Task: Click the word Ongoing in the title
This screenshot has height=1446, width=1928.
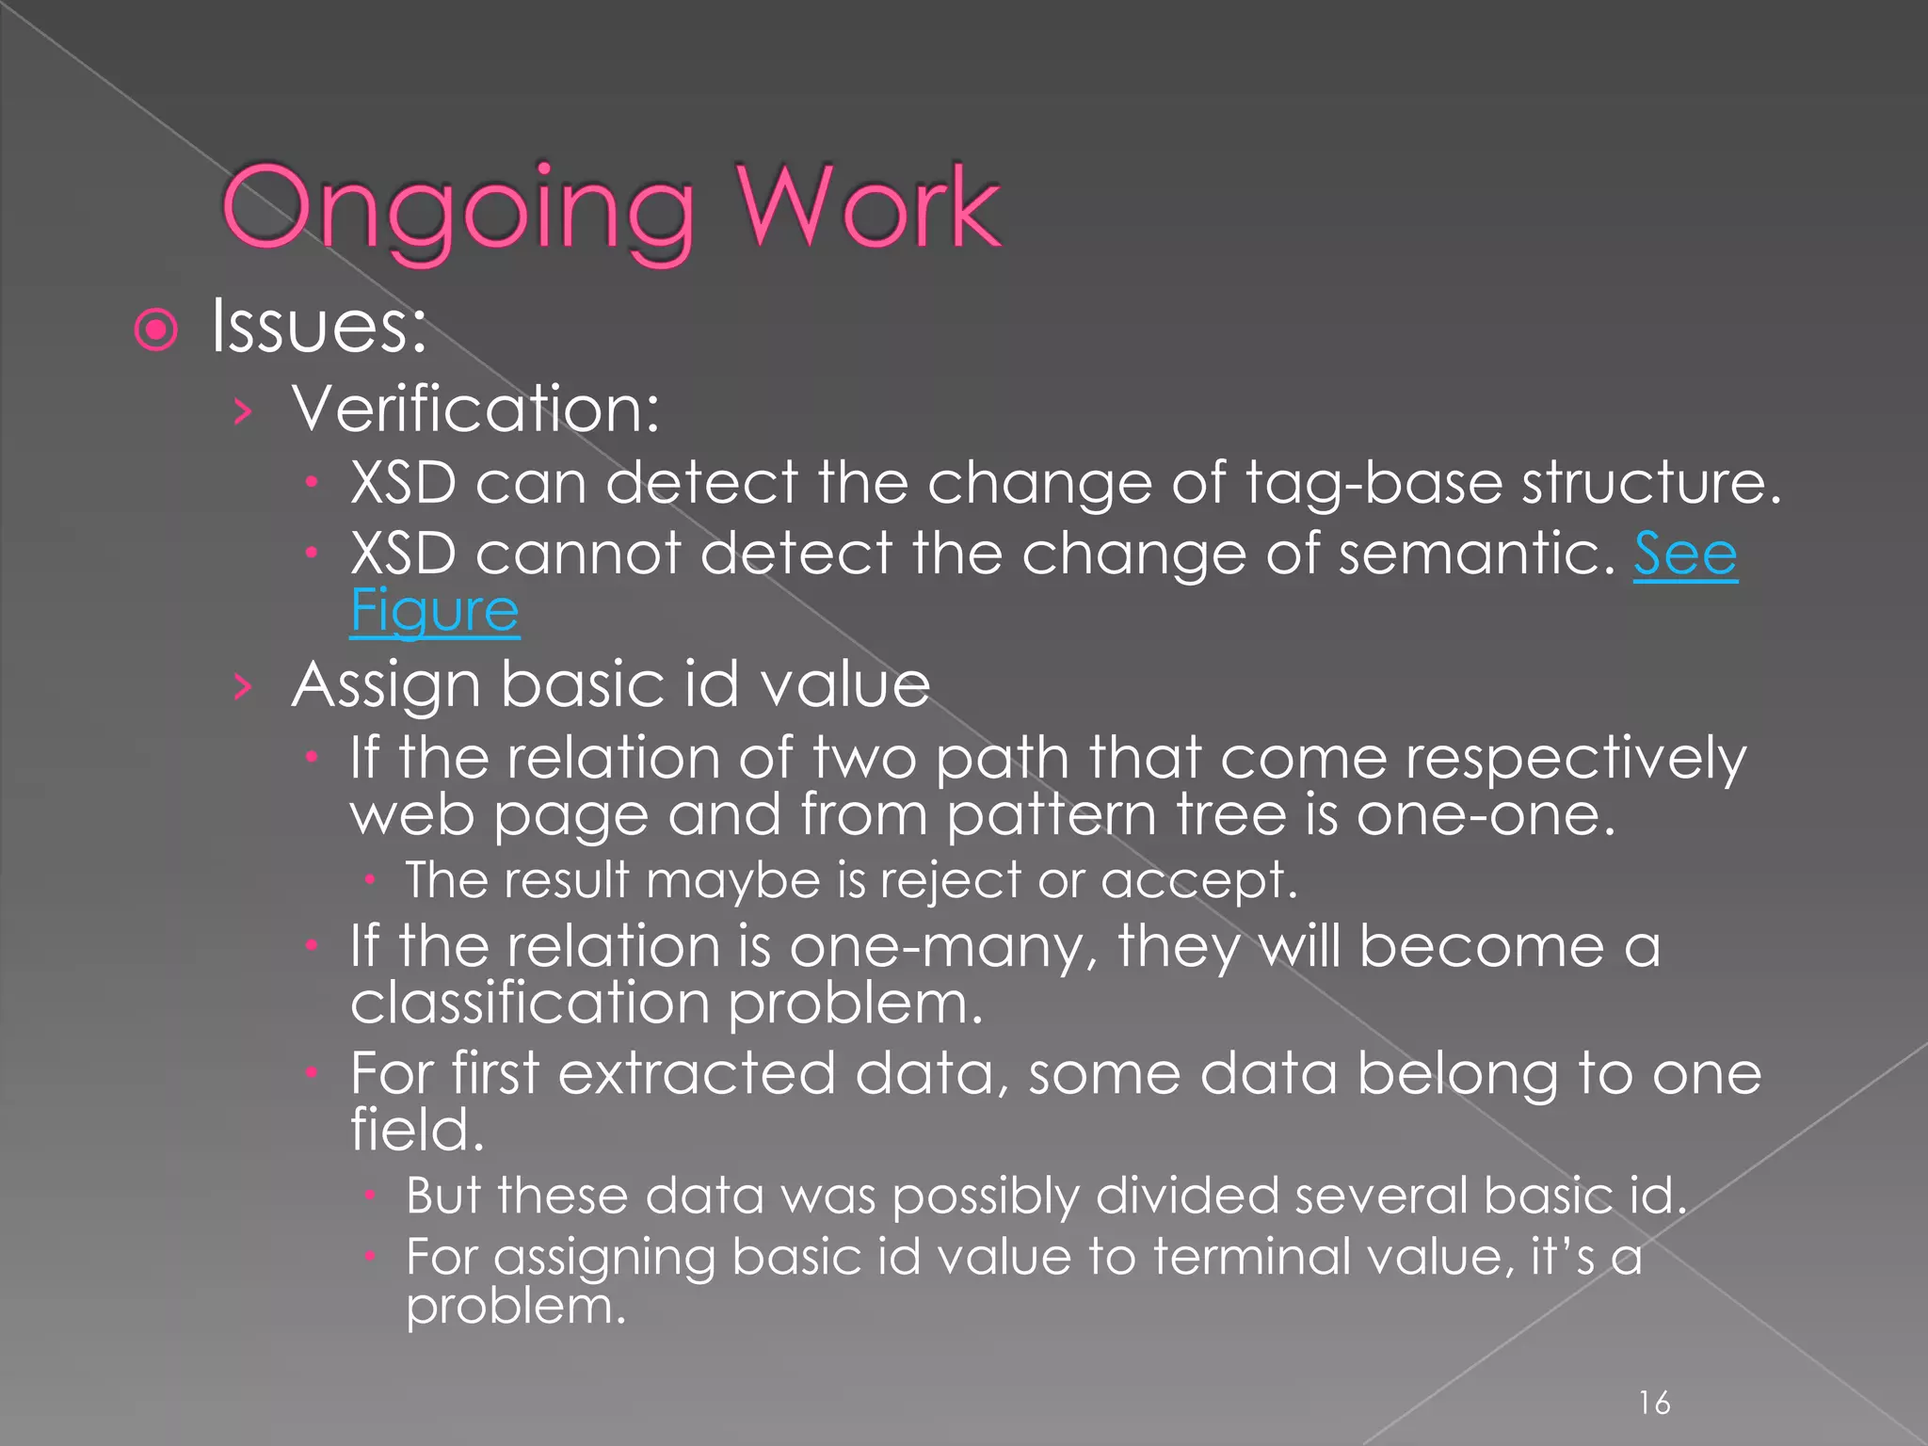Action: click(458, 209)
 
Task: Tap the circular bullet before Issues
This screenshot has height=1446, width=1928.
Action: click(156, 330)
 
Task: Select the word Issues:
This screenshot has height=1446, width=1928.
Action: click(319, 326)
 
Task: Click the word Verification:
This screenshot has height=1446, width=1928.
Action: click(475, 410)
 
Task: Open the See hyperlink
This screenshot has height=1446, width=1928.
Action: click(1684, 554)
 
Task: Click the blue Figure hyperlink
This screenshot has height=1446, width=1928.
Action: click(434, 611)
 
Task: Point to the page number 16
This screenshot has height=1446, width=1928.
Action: click(1654, 1403)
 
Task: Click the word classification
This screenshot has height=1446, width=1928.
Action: click(529, 1003)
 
